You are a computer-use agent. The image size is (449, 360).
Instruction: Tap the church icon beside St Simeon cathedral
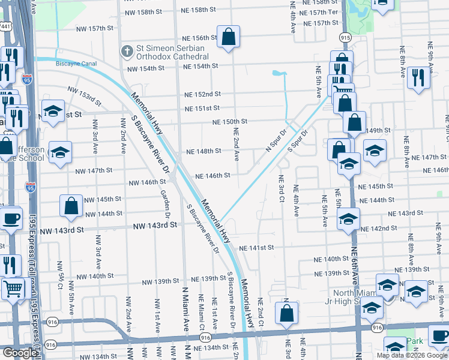[127, 52]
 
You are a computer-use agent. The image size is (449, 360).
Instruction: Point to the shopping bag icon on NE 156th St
[229, 37]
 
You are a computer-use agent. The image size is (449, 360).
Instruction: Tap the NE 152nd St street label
[202, 94]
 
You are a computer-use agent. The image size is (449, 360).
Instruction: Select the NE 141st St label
[256, 248]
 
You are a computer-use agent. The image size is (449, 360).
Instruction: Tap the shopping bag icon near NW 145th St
[71, 206]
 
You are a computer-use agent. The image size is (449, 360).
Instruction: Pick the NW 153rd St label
[81, 97]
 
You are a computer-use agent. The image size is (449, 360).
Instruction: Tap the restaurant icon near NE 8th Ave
[418, 77]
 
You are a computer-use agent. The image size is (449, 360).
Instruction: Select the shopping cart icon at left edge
[12, 290]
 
